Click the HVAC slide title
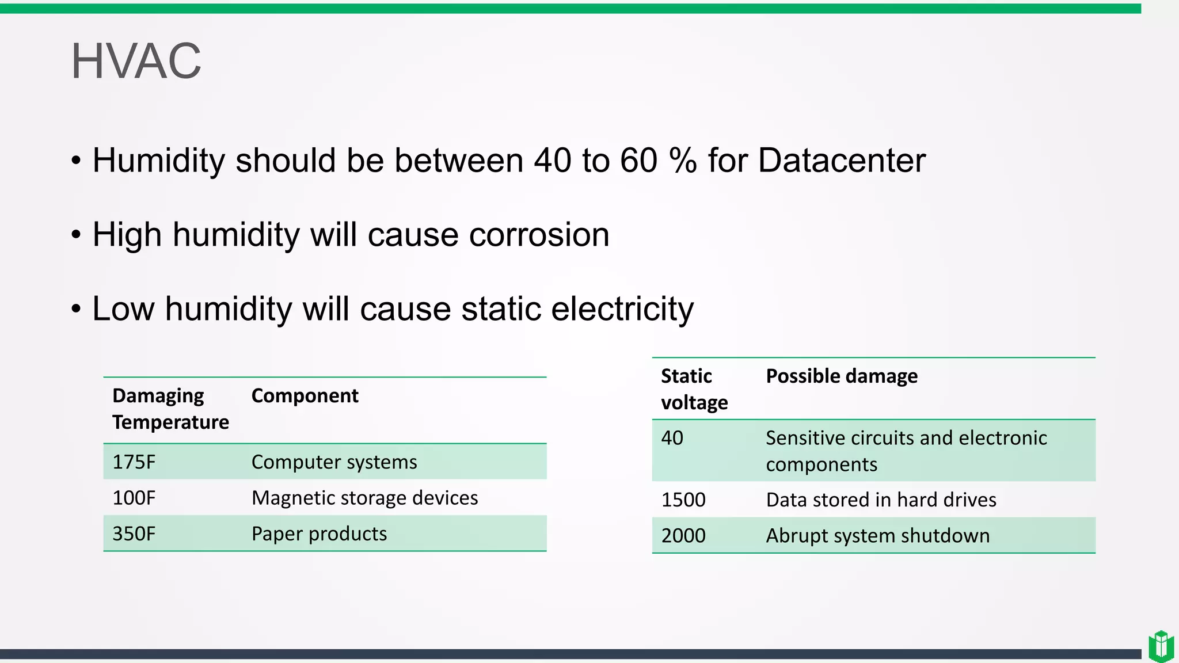(x=136, y=61)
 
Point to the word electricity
(x=622, y=309)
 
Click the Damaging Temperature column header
(x=170, y=409)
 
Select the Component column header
(x=305, y=396)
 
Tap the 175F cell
(x=134, y=462)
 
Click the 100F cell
(x=134, y=498)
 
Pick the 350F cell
(x=134, y=534)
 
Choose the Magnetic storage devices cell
(x=364, y=498)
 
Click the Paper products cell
(x=319, y=534)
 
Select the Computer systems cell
(x=334, y=462)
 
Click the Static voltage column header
(x=694, y=389)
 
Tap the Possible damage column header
(x=842, y=376)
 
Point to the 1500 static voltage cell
(x=683, y=500)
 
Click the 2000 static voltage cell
(x=683, y=536)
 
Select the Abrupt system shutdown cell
(x=877, y=536)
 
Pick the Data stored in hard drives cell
(x=881, y=500)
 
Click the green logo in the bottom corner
(x=1161, y=646)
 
